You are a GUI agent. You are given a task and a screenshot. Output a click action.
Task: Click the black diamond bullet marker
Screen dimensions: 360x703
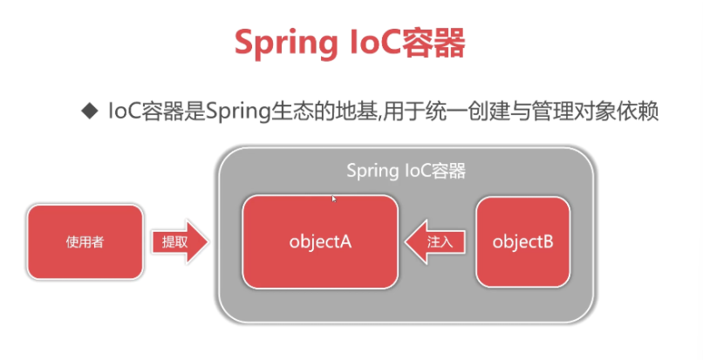coord(87,112)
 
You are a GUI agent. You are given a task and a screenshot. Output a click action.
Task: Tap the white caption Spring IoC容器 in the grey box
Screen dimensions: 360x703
coord(406,170)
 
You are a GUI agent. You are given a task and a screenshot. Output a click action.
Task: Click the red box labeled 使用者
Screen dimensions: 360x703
coord(85,241)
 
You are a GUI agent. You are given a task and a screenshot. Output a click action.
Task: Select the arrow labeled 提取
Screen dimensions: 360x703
coord(180,241)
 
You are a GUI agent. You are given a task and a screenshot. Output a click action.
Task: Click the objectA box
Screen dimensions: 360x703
coord(319,241)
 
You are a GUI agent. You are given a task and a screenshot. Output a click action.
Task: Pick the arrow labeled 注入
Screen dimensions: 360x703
coord(435,241)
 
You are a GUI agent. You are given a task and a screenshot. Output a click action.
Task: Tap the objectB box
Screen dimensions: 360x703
coord(522,241)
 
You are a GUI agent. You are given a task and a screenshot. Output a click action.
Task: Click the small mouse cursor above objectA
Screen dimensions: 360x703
coord(334,199)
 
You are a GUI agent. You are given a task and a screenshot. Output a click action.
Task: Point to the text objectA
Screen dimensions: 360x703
coord(319,241)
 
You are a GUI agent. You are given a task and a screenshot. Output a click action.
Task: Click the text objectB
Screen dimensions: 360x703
coord(522,241)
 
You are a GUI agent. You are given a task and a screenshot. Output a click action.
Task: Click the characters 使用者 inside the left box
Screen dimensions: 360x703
coord(85,241)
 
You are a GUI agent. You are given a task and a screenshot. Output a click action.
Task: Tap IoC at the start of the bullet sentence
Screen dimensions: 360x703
coord(122,112)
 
